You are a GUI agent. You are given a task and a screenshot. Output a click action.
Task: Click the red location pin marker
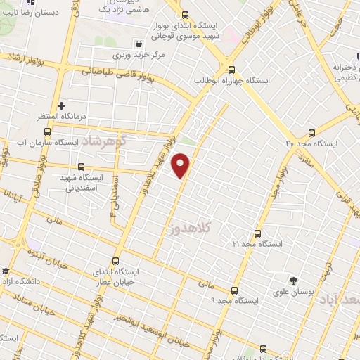pyautogui.click(x=181, y=166)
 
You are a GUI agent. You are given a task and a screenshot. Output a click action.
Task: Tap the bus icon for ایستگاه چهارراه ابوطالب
pyautogui.click(x=231, y=69)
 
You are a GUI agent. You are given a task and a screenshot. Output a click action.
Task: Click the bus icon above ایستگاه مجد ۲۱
pyautogui.click(x=257, y=233)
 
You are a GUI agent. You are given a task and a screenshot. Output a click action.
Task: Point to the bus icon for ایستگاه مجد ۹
pyautogui.click(x=234, y=290)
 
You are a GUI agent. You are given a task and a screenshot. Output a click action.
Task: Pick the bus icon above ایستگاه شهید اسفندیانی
pyautogui.click(x=82, y=167)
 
